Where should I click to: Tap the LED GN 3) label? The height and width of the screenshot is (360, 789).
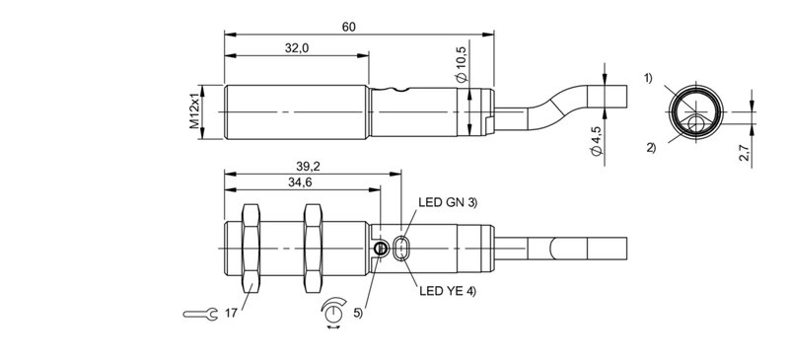(449, 202)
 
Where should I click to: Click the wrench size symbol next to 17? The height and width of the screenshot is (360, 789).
(200, 314)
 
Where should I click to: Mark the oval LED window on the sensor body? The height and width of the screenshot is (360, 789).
(402, 249)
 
